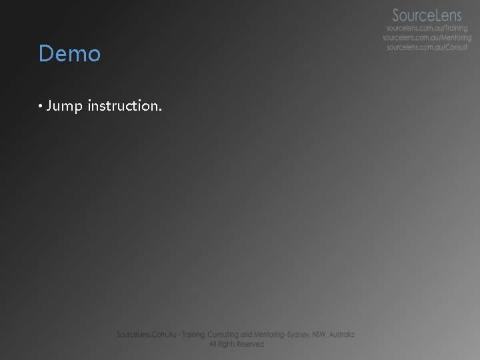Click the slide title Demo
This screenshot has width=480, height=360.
tap(69, 54)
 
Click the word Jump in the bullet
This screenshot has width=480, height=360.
tap(64, 106)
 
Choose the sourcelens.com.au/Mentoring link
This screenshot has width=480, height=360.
tap(426, 39)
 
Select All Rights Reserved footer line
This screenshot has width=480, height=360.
tap(236, 344)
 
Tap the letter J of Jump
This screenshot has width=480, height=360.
tap(51, 106)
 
